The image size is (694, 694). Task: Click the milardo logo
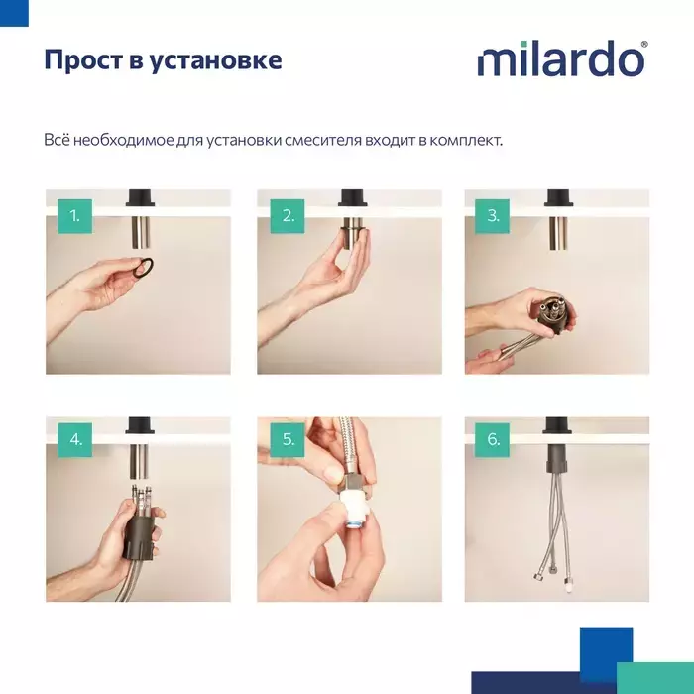[561, 58]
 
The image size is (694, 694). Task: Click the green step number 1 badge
[74, 216]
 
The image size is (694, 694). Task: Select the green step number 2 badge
[288, 216]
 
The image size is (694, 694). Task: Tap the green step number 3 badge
[492, 216]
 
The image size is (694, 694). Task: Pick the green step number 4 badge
[74, 440]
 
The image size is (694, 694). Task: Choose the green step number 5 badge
[288, 440]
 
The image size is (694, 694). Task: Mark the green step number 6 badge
[492, 440]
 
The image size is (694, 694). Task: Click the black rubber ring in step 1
[150, 267]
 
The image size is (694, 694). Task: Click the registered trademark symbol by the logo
[644, 45]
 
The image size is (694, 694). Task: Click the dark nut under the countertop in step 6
[556, 461]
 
